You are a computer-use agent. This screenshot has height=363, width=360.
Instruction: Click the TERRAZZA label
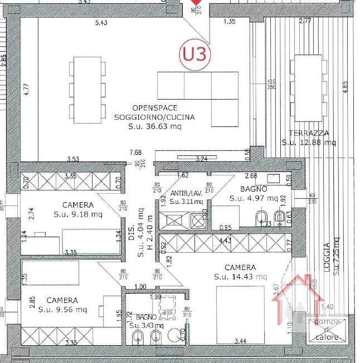pyautogui.click(x=309, y=133)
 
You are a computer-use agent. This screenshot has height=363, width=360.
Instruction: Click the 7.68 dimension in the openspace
pyautogui.click(x=136, y=153)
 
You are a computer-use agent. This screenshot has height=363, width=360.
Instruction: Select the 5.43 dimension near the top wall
pyautogui.click(x=101, y=22)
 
